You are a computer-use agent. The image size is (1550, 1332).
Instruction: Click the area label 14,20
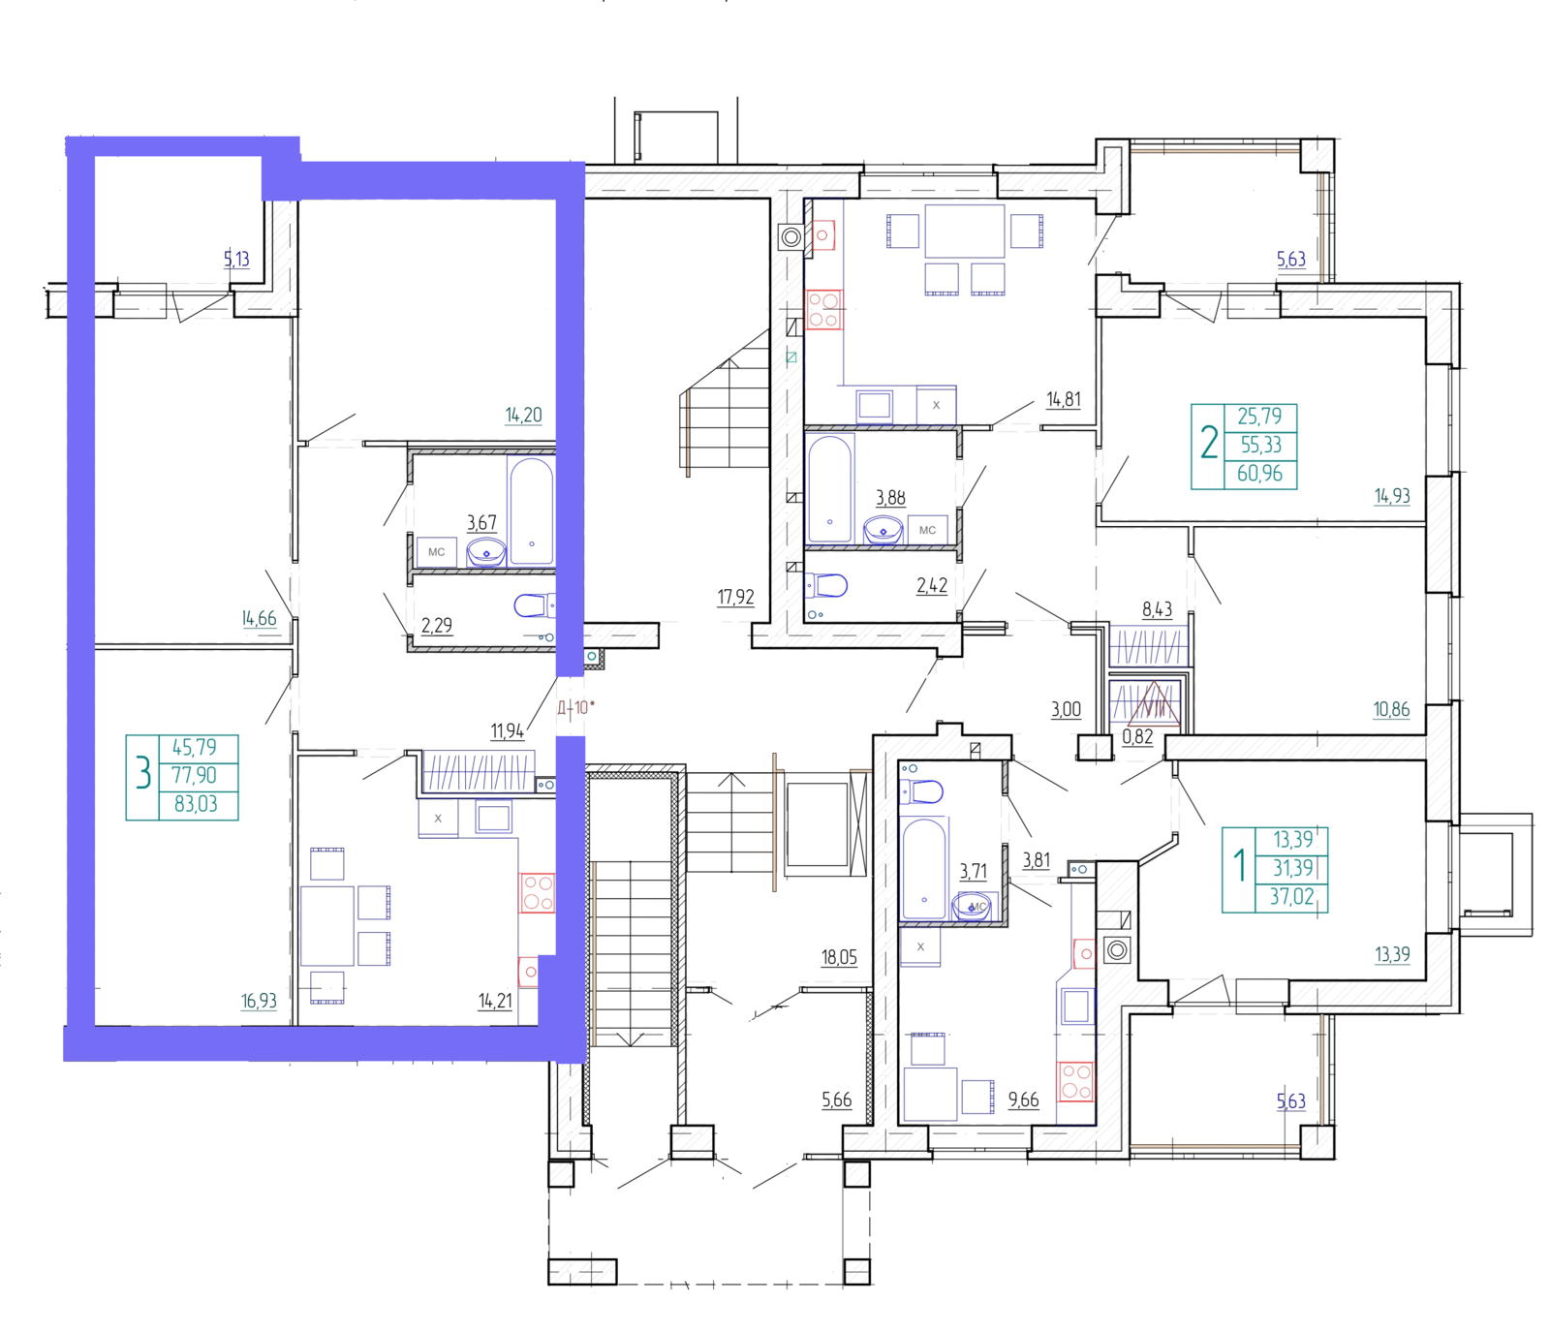coord(523,416)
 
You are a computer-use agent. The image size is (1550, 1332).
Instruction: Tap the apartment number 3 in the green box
coord(143,775)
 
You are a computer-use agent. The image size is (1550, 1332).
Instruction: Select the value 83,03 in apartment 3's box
coord(196,804)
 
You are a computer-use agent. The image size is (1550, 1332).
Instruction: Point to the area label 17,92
coord(735,597)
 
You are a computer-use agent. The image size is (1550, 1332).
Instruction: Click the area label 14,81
coord(1063,399)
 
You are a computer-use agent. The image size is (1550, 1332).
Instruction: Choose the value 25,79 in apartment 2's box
coord(1259,417)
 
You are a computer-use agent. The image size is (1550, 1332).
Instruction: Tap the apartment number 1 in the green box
coord(1239,865)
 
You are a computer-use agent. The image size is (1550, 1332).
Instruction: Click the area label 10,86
coord(1391,709)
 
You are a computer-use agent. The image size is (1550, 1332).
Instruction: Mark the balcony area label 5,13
coord(236,259)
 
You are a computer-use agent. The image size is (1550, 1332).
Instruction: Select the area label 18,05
coord(839,957)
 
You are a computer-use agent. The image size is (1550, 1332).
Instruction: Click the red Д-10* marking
coord(575,707)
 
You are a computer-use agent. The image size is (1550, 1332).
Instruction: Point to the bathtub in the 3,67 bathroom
coord(531,510)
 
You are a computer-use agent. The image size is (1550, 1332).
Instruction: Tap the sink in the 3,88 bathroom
coord(883,531)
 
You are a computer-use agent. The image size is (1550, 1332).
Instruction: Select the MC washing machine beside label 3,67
coord(437,552)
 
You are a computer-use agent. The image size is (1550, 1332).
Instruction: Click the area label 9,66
coord(1023,1100)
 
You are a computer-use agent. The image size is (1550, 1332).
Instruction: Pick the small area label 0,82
coord(1137,736)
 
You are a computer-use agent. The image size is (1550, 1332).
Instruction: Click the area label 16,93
coord(259,1001)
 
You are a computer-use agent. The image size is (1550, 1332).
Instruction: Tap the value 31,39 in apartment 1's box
coord(1293,868)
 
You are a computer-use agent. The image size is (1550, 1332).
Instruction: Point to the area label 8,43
coord(1157,609)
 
